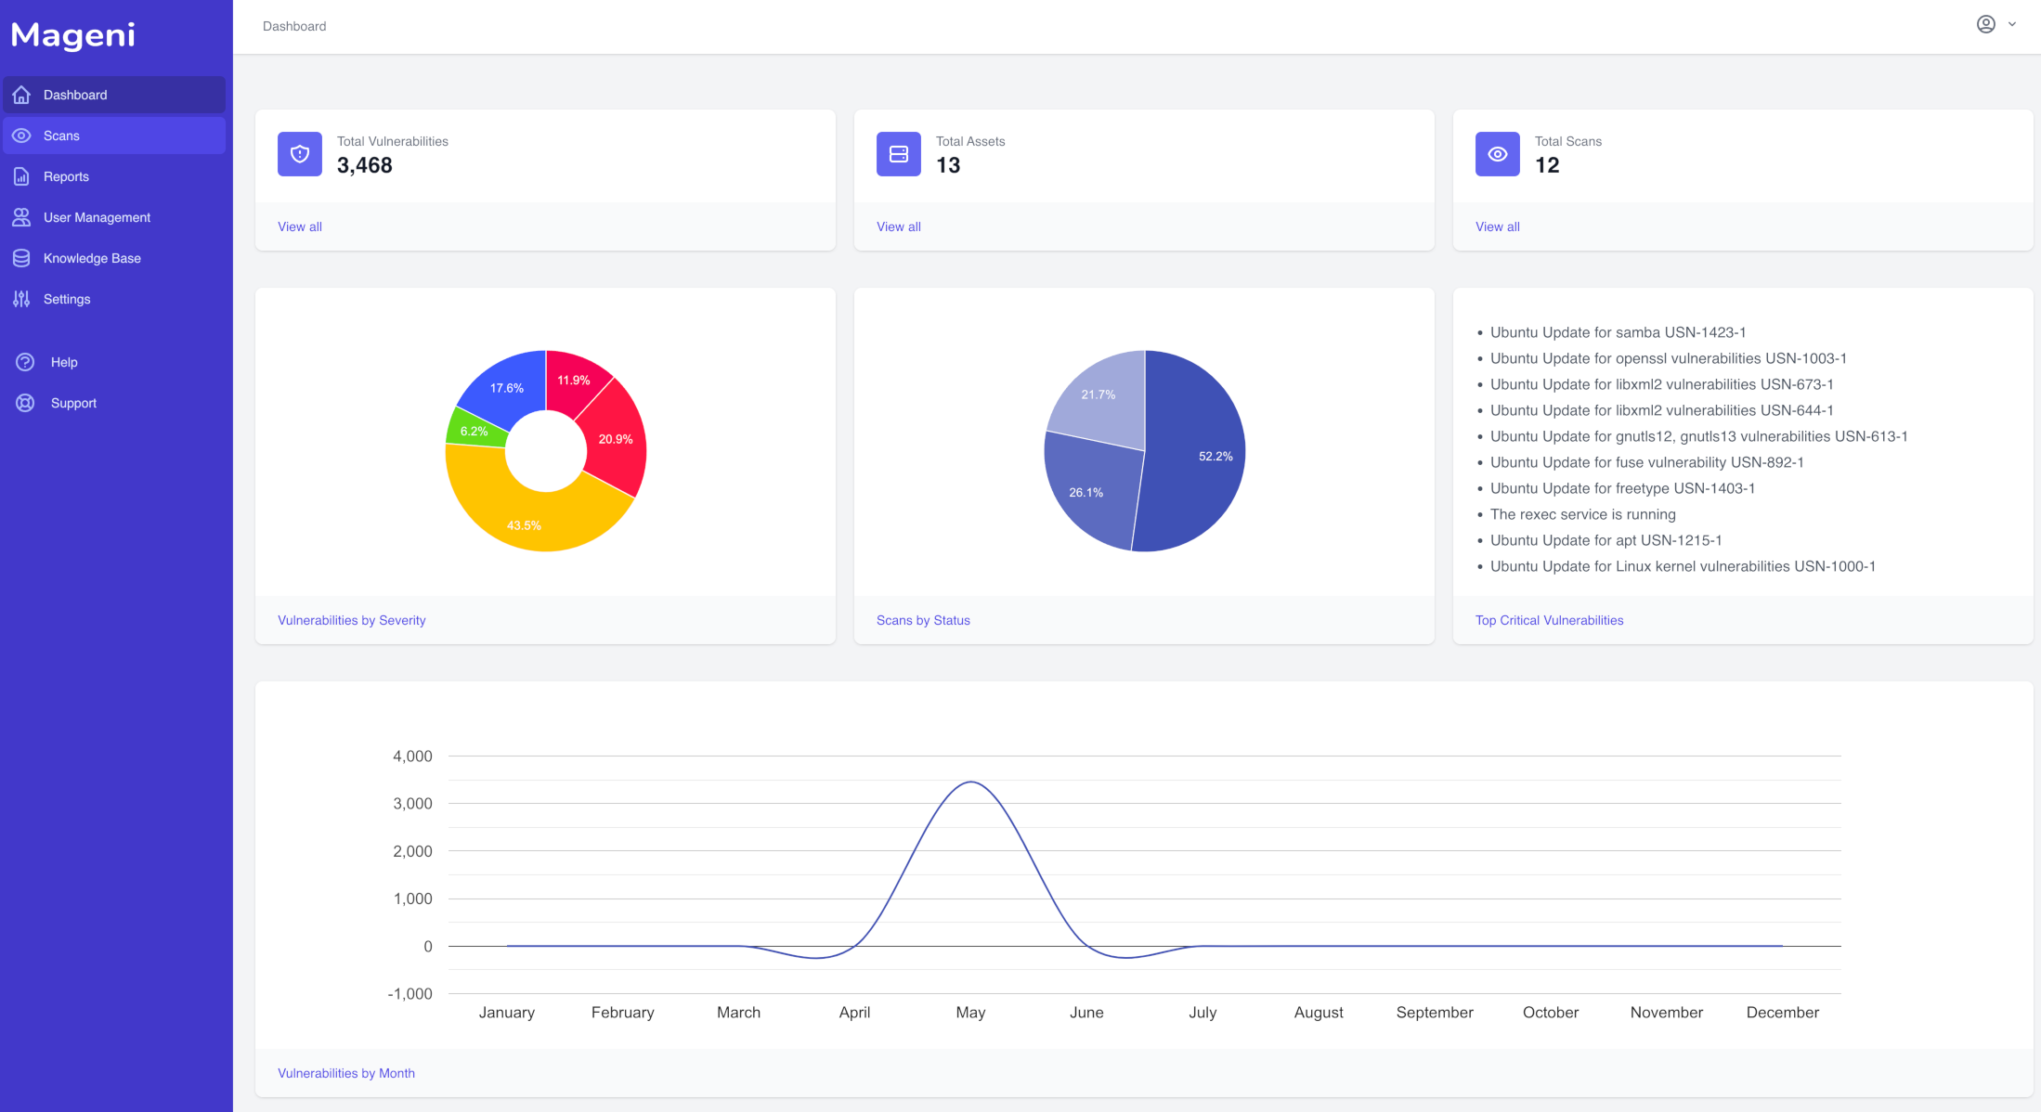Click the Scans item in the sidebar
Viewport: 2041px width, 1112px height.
[x=61, y=136]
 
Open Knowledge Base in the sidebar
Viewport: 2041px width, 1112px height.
[x=92, y=258]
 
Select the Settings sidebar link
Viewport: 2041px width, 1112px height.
[x=67, y=299]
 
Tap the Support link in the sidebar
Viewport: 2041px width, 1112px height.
[x=73, y=403]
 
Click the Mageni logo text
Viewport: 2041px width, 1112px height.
[x=73, y=35]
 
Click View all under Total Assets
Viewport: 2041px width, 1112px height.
[x=898, y=226]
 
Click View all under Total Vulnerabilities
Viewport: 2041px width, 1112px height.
[x=299, y=226]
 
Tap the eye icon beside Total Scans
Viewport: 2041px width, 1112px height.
[x=1497, y=154]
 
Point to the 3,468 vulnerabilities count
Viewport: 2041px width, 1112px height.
[x=364, y=165]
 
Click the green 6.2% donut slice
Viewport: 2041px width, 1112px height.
[x=475, y=431]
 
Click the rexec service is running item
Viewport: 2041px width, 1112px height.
[x=1582, y=514]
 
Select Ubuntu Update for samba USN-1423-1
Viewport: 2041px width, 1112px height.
[x=1618, y=332]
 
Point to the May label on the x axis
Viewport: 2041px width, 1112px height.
[x=970, y=1012]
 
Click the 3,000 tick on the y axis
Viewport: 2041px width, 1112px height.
[x=412, y=803]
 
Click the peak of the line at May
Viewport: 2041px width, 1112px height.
[x=970, y=782]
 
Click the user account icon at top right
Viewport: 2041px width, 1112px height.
[x=1985, y=24]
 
